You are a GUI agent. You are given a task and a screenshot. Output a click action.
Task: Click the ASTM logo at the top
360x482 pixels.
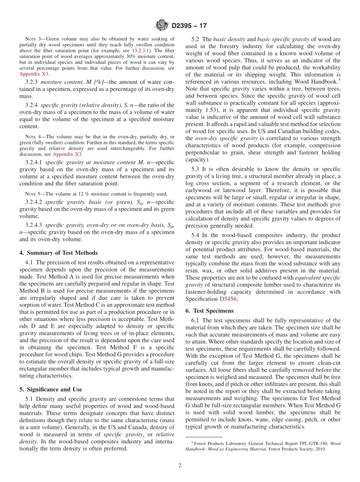pos(162,26)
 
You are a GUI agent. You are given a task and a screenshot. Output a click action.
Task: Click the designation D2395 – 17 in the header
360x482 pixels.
pos(189,26)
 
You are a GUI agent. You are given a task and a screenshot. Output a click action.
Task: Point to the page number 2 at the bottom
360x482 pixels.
pos(180,465)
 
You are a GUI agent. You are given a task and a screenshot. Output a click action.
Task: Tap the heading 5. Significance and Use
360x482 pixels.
pos(51,389)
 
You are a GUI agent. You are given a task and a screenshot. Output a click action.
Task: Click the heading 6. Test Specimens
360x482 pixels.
pos(210,310)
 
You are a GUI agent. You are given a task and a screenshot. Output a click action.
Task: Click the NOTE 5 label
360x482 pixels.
pos(32,194)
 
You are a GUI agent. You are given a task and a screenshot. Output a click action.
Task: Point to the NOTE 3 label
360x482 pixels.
pos(32,39)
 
